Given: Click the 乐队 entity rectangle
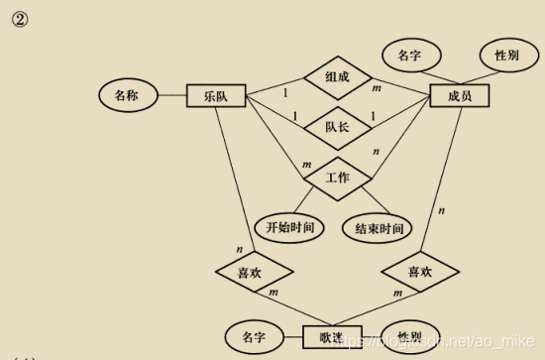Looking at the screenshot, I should point(217,97).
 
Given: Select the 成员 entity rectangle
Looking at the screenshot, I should point(459,96).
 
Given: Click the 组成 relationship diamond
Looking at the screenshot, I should point(338,76).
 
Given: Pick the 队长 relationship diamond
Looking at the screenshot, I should point(338,126).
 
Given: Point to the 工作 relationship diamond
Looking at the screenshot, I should point(338,178).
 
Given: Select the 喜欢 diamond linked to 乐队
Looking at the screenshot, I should point(255,270).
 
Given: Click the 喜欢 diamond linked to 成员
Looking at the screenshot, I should point(420,270).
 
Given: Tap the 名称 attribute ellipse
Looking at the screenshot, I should point(126,96).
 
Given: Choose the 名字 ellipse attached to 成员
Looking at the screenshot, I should point(409,56).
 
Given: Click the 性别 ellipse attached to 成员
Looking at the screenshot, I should point(506,56).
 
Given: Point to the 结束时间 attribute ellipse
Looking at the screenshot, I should point(379,229).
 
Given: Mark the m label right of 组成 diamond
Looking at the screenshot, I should point(377,90).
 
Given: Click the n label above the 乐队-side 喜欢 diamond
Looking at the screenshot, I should point(239,248).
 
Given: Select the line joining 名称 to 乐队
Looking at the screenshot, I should point(171,96).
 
